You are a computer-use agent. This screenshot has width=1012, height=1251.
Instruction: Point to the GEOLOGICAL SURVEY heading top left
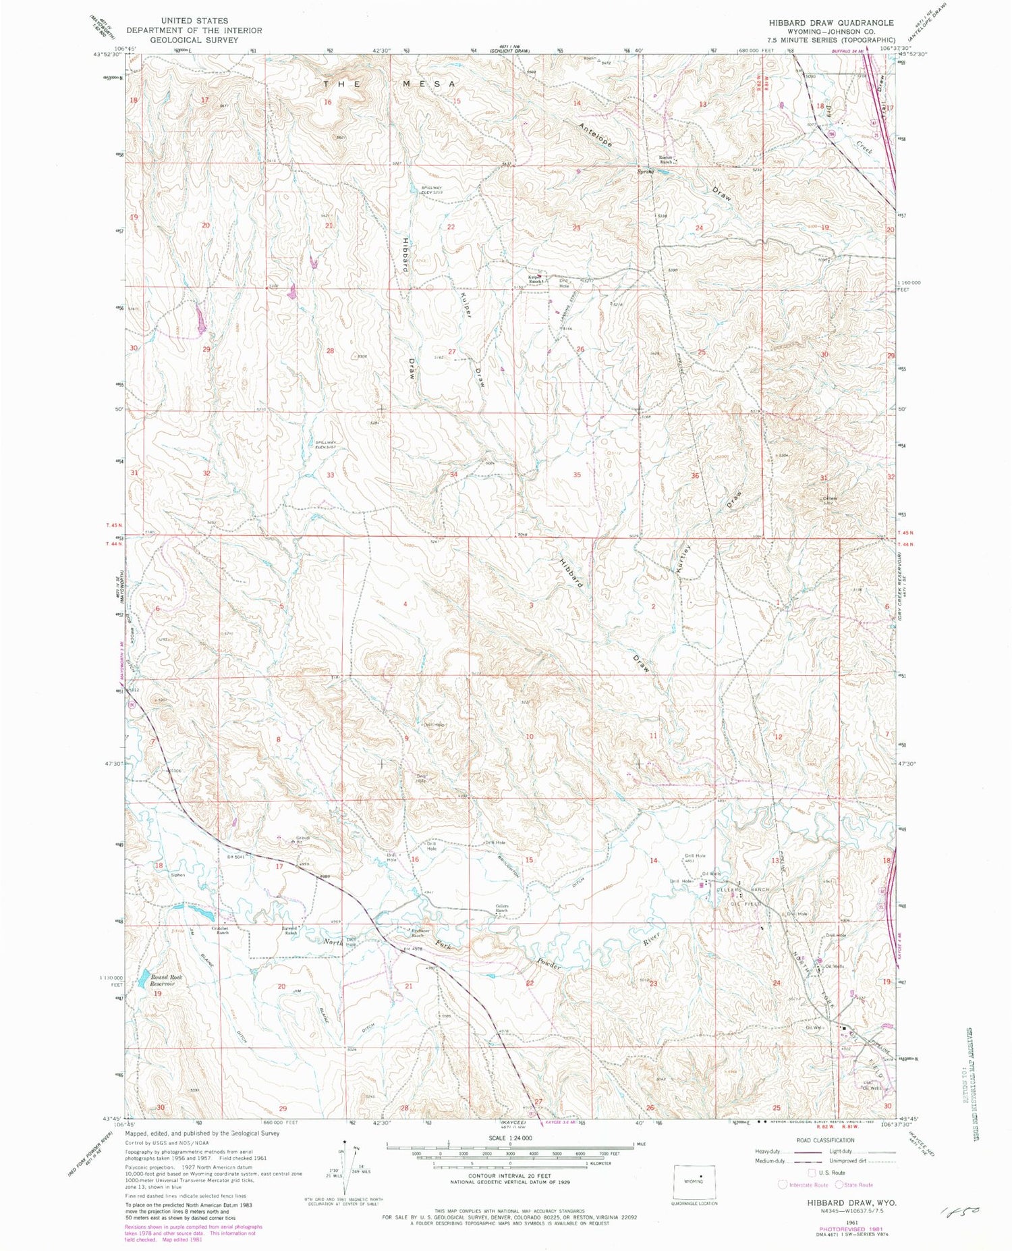(194, 40)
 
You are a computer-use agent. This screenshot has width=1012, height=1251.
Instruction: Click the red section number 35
(577, 475)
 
